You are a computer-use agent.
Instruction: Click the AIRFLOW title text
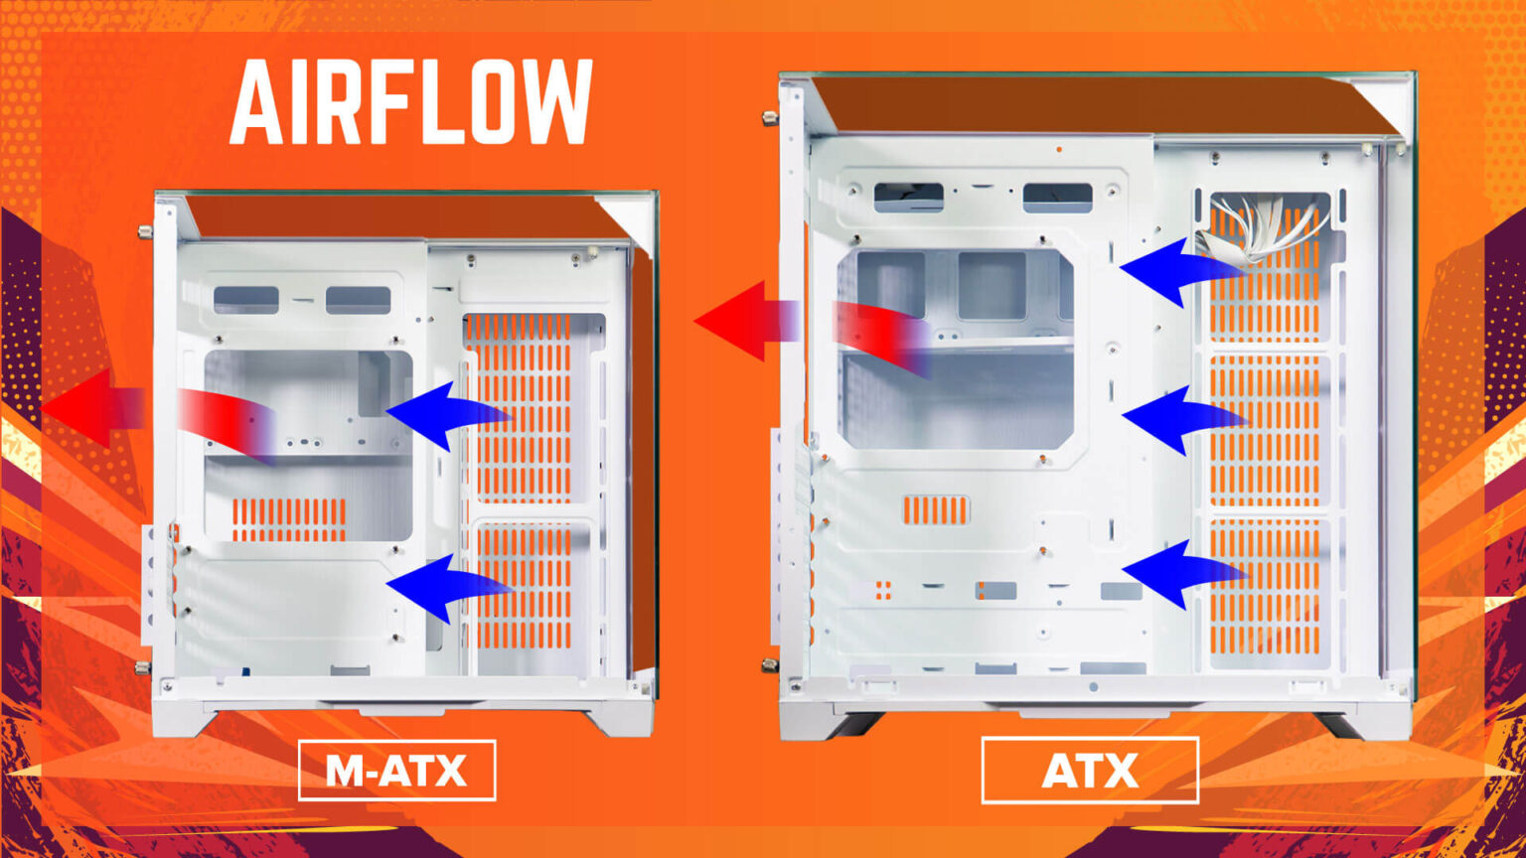(x=410, y=102)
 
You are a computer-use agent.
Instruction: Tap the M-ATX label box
(x=397, y=771)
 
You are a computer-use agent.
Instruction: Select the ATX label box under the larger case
(x=1090, y=771)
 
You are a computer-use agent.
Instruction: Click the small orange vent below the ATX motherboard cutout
(x=935, y=510)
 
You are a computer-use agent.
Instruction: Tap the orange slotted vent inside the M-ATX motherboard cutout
(x=289, y=519)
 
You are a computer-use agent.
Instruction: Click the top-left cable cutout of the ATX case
(x=909, y=197)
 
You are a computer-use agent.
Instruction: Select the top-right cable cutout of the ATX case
(x=1057, y=198)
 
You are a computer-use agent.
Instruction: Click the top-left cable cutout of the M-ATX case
(x=246, y=300)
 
